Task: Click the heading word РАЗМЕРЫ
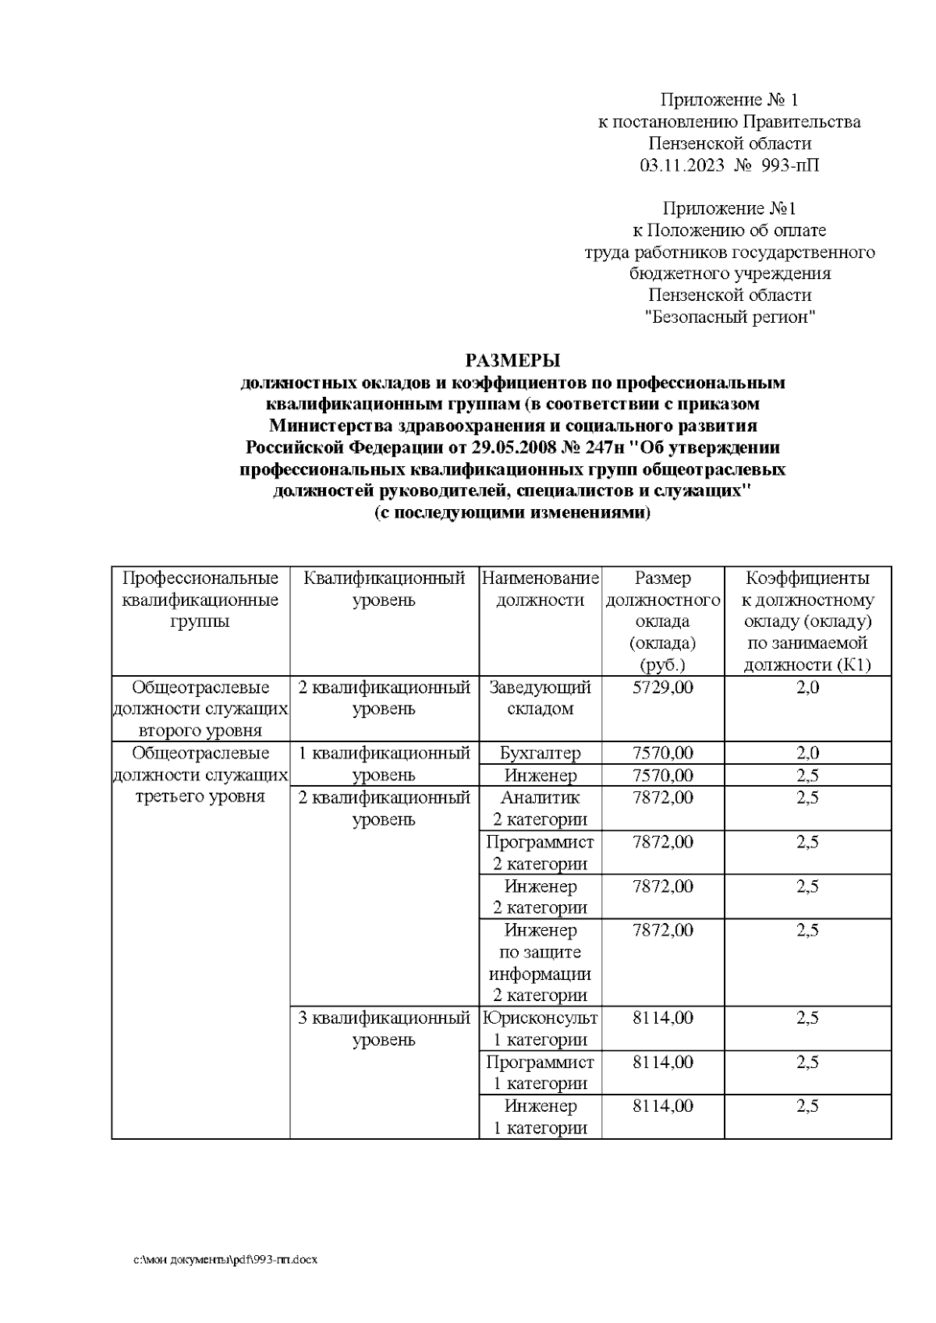coord(512,361)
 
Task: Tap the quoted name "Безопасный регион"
coord(729,317)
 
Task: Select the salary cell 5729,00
coord(663,688)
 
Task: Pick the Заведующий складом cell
coord(540,698)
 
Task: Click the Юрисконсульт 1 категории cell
coord(540,1028)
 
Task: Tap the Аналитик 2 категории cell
coord(540,808)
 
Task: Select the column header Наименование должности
coord(540,589)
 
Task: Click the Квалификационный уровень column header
coord(384,589)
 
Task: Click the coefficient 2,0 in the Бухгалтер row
coord(807,753)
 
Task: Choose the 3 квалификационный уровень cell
coord(384,1028)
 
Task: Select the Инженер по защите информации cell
coord(540,963)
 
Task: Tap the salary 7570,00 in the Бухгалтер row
coord(663,753)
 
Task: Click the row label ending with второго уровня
coord(200,709)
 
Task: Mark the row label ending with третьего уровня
coord(200,775)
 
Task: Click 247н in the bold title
coord(598,448)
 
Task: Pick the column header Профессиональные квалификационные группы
coord(200,600)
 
